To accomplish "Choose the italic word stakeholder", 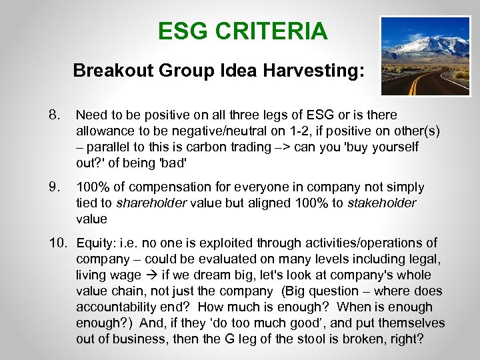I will click(383, 203).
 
